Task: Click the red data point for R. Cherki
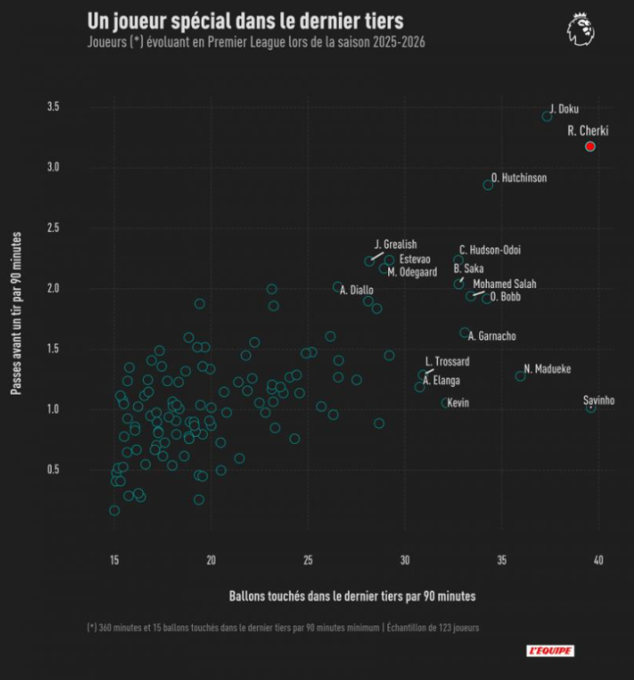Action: (590, 146)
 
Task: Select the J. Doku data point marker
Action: (547, 116)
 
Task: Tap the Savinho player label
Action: (599, 401)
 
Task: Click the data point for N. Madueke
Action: (520, 376)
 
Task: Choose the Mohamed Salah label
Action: (504, 284)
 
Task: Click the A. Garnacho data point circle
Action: (465, 333)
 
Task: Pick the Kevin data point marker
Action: (446, 403)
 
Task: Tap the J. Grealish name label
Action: (395, 244)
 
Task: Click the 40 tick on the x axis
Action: (598, 561)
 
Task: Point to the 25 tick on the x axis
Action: (307, 561)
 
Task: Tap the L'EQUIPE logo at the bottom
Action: (550, 650)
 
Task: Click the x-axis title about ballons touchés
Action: (352, 596)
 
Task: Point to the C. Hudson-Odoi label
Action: (490, 250)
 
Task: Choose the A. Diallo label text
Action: (357, 290)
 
